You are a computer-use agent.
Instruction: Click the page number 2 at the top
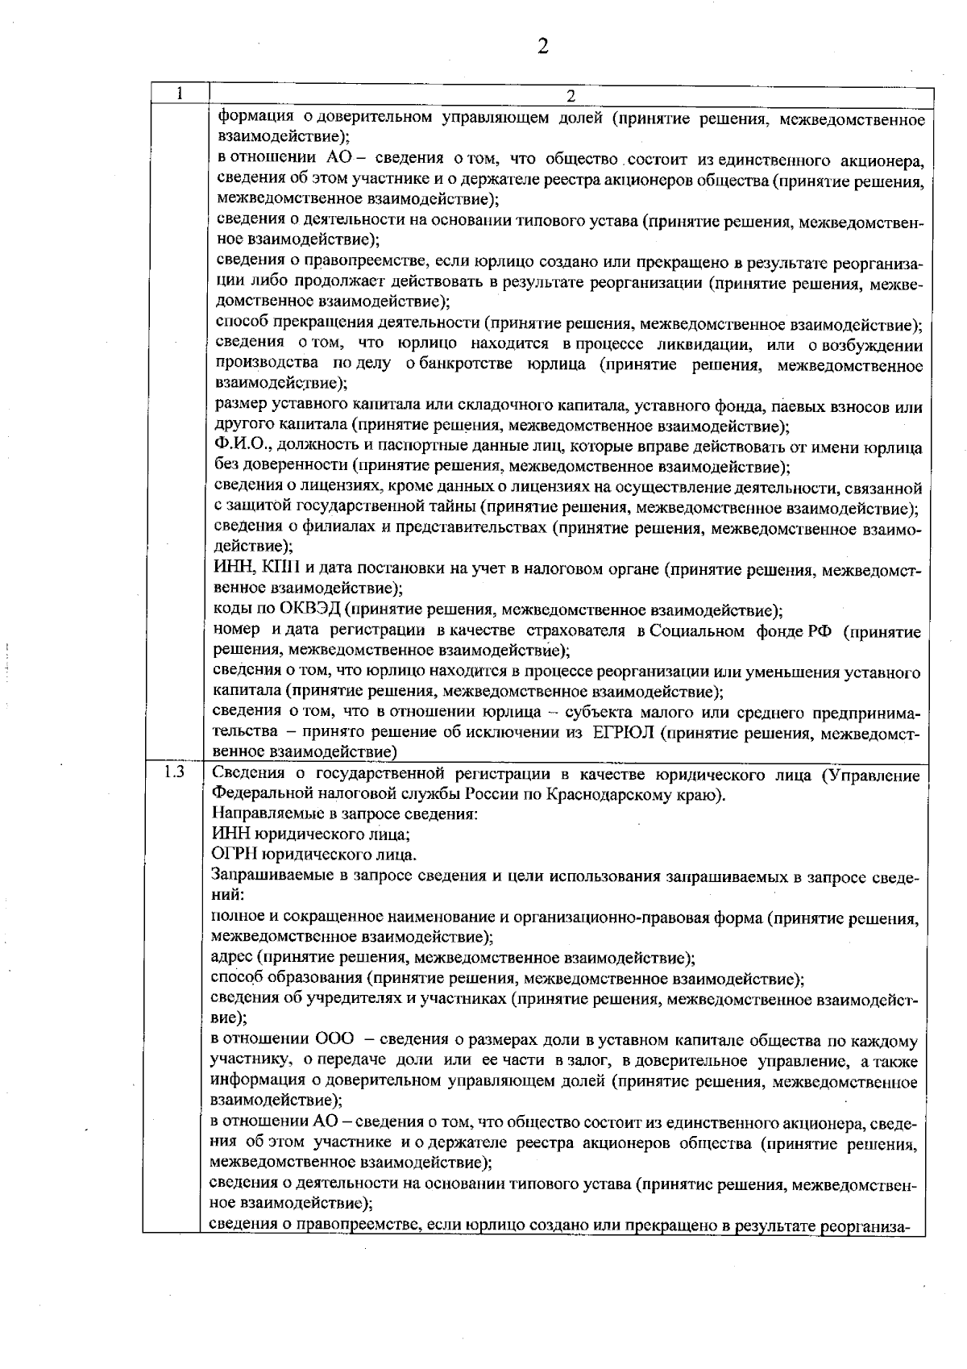click(x=542, y=46)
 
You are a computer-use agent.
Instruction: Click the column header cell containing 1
click(x=179, y=94)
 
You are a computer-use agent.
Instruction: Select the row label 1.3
click(x=173, y=772)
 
